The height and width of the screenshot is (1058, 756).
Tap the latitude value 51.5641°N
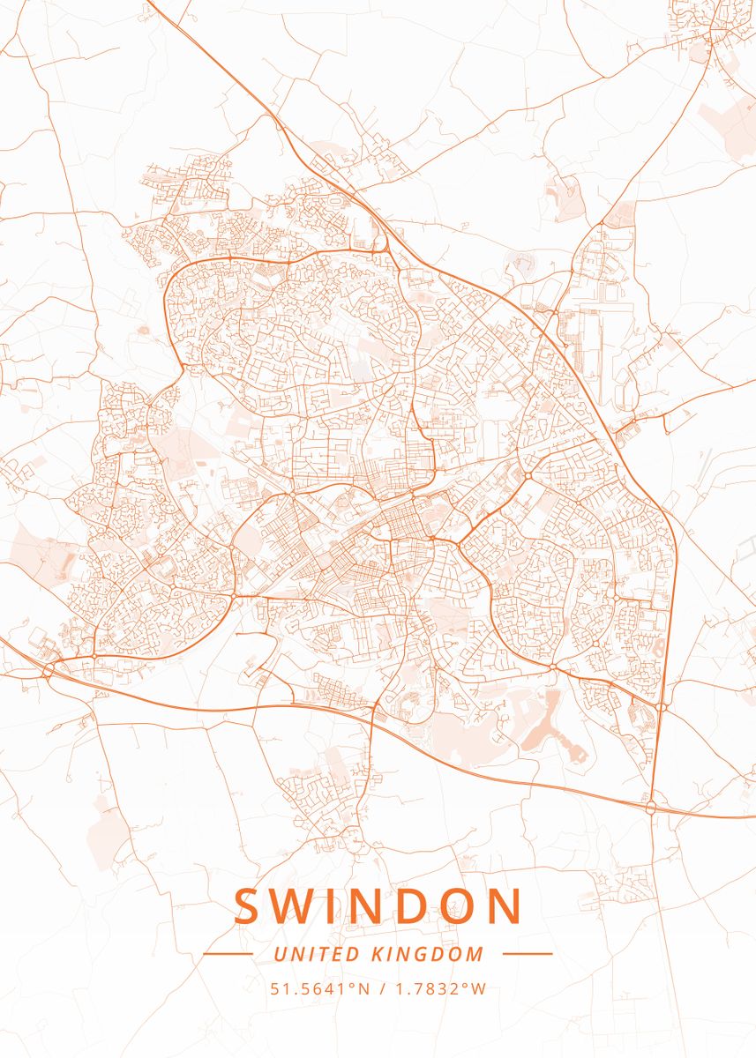(320, 988)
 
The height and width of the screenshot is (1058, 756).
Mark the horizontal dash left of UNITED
(228, 954)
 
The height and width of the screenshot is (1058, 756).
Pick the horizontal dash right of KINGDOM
(527, 954)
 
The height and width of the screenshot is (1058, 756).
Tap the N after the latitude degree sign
(363, 988)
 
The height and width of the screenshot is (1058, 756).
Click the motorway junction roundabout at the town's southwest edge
(49, 669)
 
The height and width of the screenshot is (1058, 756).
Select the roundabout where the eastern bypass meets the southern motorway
(651, 806)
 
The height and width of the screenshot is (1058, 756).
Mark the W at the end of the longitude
(478, 988)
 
